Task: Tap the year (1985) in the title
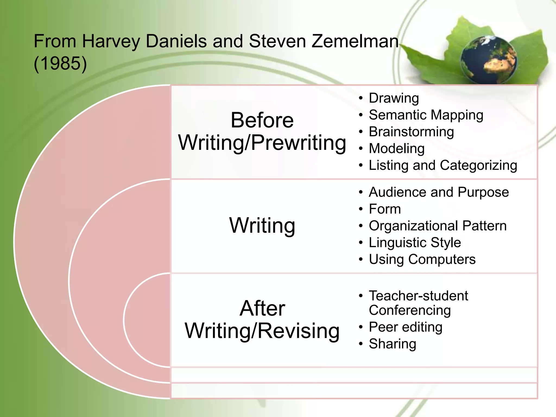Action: pyautogui.click(x=60, y=63)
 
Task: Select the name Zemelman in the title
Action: pyautogui.click(x=355, y=41)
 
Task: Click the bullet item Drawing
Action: pyautogui.click(x=394, y=98)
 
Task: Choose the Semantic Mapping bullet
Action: pyautogui.click(x=426, y=115)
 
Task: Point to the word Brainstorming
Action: pyautogui.click(x=411, y=132)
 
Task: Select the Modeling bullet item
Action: pyautogui.click(x=397, y=149)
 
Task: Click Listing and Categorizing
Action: pyautogui.click(x=443, y=165)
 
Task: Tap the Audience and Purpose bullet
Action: pyautogui.click(x=439, y=192)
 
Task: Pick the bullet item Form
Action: pyautogui.click(x=385, y=209)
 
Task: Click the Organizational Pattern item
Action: pyautogui.click(x=438, y=226)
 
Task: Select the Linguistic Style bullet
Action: pyautogui.click(x=415, y=242)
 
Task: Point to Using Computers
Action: pyautogui.click(x=422, y=259)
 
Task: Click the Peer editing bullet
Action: pyautogui.click(x=406, y=327)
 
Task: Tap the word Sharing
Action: pyautogui.click(x=392, y=344)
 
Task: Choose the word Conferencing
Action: pyautogui.click(x=410, y=310)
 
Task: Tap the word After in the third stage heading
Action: pyautogui.click(x=262, y=308)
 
